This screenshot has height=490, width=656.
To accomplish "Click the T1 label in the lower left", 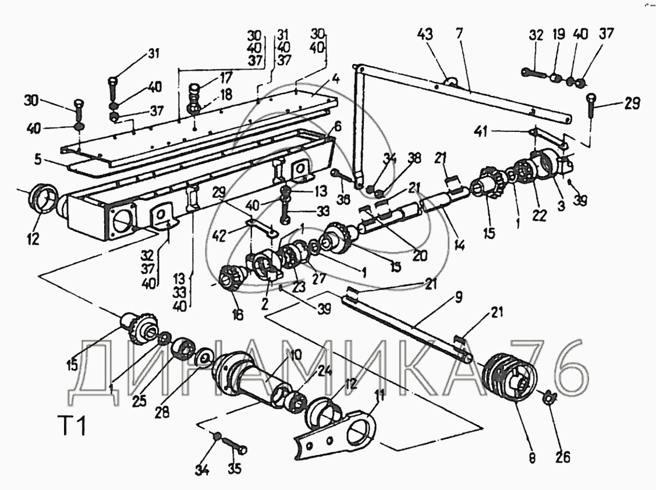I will tap(73, 427).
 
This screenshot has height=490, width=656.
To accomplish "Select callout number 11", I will tap(380, 399).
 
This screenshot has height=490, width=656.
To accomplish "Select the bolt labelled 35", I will tap(235, 448).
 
